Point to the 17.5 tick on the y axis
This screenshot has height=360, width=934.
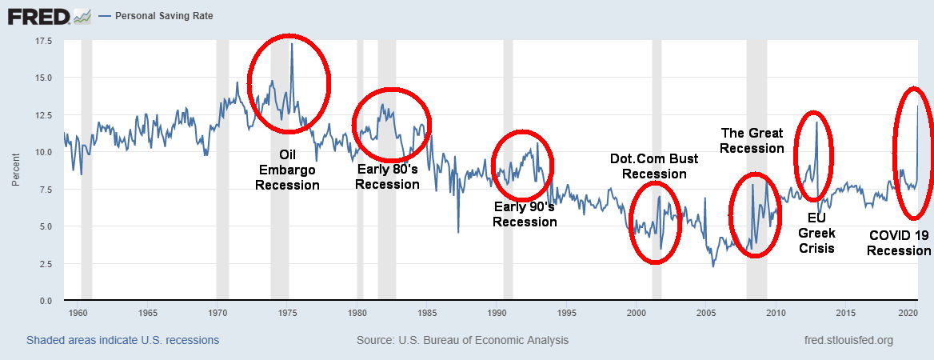pos(42,40)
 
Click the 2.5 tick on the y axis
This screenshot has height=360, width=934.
pos(45,263)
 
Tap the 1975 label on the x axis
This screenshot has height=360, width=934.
pos(287,312)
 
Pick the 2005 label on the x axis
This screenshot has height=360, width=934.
pos(706,312)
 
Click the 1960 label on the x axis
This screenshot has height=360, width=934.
pos(78,312)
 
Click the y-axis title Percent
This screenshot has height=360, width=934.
pos(15,170)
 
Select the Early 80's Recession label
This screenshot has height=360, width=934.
pos(387,177)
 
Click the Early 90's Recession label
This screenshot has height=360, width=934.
pos(525,214)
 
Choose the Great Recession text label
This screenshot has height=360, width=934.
pos(752,141)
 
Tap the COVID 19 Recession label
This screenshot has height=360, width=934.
pos(899,243)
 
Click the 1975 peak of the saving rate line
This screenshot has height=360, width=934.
pos(292,44)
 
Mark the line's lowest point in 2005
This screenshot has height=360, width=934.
pos(713,266)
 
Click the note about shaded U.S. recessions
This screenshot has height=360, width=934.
pos(122,340)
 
